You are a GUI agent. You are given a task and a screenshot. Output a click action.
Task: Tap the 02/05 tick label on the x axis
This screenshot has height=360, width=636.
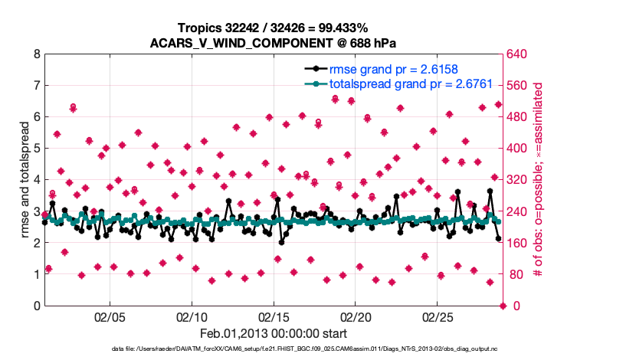point(110,317)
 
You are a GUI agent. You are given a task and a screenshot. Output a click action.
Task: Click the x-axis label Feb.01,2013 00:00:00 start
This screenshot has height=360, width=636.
point(273,333)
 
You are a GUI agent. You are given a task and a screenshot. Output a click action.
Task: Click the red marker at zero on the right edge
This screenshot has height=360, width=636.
point(503,306)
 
